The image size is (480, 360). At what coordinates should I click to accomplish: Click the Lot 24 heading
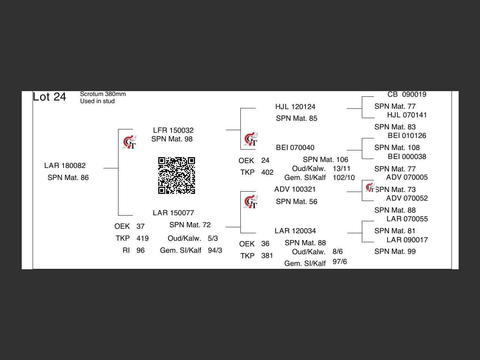click(49, 97)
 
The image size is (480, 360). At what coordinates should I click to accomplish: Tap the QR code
click(176, 175)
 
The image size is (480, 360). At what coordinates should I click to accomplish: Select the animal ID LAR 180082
click(65, 166)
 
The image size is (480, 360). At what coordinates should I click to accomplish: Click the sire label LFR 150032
click(173, 130)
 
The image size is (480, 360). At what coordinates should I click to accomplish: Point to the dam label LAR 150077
click(173, 213)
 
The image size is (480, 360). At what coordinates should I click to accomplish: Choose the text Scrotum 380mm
click(103, 94)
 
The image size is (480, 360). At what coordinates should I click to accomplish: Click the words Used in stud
click(97, 101)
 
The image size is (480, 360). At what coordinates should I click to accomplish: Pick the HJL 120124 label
click(295, 107)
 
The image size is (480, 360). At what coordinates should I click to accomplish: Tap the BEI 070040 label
click(295, 148)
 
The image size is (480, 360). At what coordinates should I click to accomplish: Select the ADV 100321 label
click(295, 189)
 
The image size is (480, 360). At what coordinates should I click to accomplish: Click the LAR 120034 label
click(295, 231)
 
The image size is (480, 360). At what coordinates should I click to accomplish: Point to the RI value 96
click(140, 250)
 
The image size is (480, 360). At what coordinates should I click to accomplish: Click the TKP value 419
click(142, 238)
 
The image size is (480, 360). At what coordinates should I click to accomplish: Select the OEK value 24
click(265, 160)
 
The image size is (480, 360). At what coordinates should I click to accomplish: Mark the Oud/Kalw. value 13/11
click(341, 169)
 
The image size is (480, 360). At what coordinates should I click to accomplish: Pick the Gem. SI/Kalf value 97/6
click(339, 262)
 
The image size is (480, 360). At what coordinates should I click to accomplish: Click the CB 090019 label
click(407, 94)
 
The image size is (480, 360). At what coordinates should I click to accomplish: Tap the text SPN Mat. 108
click(397, 148)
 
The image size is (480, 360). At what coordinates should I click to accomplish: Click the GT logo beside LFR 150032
click(130, 142)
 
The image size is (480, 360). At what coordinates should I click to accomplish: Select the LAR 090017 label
click(407, 240)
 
